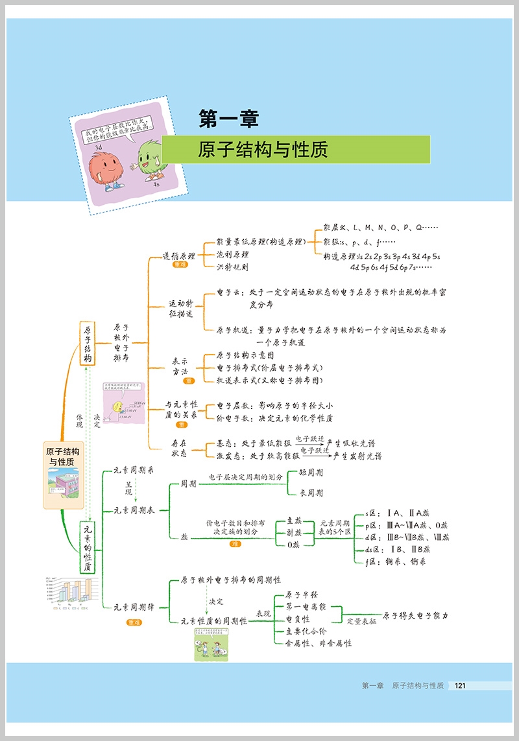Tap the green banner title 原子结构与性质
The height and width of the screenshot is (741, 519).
tap(263, 150)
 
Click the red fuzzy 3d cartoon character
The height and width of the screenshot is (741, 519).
tap(106, 166)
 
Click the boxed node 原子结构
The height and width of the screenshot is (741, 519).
tap(88, 344)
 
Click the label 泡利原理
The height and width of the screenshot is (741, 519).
tap(232, 254)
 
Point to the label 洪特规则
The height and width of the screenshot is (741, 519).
tap(232, 266)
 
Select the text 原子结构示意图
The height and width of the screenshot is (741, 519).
tap(245, 356)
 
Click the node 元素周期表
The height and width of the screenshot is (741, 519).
tap(134, 510)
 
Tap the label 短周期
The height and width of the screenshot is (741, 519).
tap(311, 473)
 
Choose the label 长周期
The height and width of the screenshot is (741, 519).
tap(311, 493)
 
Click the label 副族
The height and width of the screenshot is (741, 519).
tap(294, 532)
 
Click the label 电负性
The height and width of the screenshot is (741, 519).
tap(298, 619)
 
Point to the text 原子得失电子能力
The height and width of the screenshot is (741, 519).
tap(415, 615)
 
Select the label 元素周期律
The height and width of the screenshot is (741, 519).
tap(134, 607)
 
